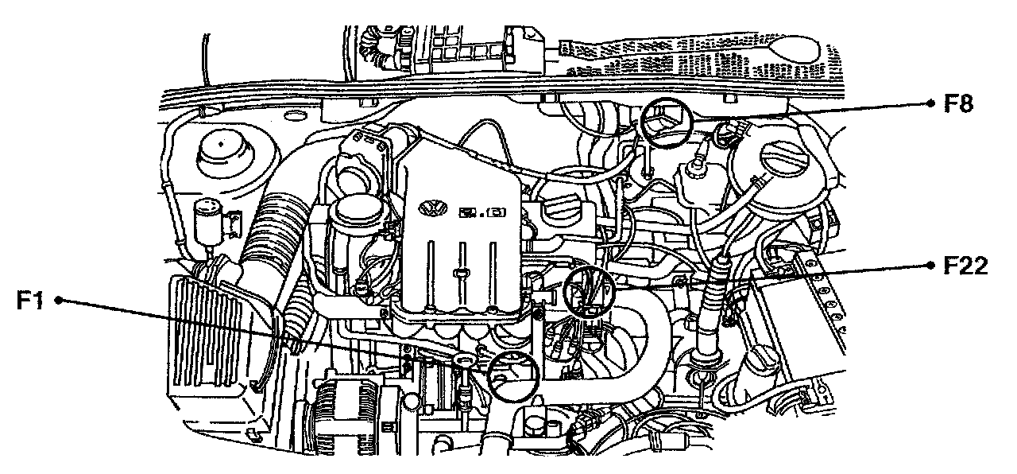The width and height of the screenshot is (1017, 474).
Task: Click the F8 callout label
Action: (x=960, y=103)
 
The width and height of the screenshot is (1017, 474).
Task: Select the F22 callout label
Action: (x=965, y=266)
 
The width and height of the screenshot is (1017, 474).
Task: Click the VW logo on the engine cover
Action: (x=431, y=208)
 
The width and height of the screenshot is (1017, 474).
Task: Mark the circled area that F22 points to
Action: (x=588, y=292)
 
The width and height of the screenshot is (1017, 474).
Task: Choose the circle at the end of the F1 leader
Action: (x=512, y=375)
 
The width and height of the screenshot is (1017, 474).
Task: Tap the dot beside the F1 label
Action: (x=58, y=301)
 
